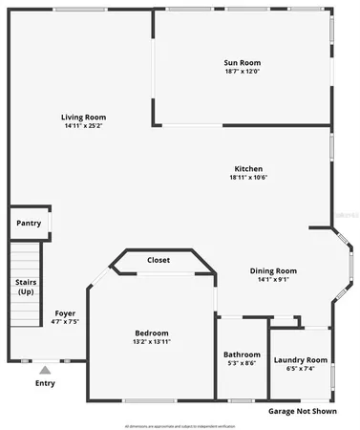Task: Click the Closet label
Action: pos(159,260)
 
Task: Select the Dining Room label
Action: pos(273,270)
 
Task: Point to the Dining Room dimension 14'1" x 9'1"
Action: pos(273,279)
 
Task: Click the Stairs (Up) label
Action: pos(26,287)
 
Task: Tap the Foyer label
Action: pos(65,312)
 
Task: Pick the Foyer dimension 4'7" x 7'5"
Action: pos(65,321)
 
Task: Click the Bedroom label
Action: pos(152,333)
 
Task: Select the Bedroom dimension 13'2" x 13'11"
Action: pos(152,341)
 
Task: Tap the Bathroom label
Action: pos(242,355)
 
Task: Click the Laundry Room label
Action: pos(300,359)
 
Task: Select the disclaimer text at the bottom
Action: pos(180,423)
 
